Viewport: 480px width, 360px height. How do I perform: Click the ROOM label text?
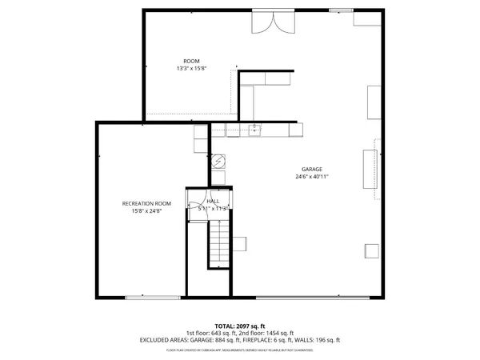tap(191, 62)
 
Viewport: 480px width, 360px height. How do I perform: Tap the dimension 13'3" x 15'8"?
tap(191, 69)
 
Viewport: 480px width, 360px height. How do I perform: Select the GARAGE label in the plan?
tap(311, 169)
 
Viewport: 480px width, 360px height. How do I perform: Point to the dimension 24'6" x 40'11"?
tap(311, 176)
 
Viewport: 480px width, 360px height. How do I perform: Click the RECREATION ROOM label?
tap(146, 203)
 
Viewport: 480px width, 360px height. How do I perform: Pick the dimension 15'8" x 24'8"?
tap(146, 210)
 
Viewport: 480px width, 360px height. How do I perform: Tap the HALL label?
tap(213, 202)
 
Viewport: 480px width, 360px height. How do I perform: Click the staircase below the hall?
tap(218, 244)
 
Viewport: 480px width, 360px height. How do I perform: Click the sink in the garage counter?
tap(254, 131)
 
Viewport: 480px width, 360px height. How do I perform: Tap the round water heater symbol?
tap(218, 160)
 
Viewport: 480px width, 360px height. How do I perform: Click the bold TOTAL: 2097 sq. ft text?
tap(240, 326)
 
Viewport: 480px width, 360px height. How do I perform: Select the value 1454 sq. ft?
tap(278, 333)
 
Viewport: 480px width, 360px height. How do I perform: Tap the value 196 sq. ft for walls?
tap(326, 340)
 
